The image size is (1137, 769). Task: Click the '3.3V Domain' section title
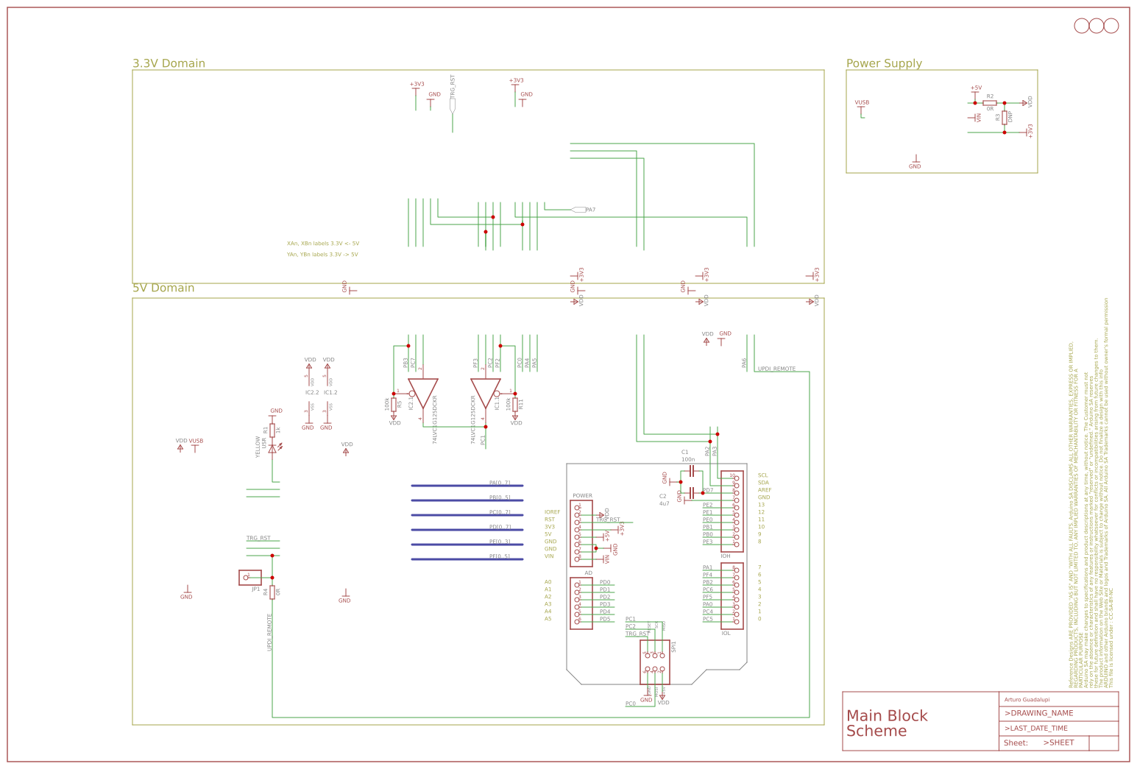[169, 63]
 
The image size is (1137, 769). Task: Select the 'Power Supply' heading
[883, 63]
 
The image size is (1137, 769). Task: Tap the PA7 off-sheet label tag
[579, 210]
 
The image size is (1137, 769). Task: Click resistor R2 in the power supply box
[990, 103]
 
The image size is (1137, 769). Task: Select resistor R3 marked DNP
[1005, 118]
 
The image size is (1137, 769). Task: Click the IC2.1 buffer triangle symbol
[423, 392]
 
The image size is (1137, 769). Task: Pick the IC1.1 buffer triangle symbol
[486, 392]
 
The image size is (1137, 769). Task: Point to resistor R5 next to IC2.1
[394, 403]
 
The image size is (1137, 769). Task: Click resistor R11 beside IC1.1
[515, 403]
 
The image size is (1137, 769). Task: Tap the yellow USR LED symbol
[272, 447]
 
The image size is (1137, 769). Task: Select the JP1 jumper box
[250, 578]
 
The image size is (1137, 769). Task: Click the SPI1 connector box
[655, 662]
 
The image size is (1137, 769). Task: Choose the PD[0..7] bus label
[500, 527]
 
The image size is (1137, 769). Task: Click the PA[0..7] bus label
[500, 483]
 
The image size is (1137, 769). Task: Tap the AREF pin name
[765, 490]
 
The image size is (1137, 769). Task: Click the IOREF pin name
[552, 512]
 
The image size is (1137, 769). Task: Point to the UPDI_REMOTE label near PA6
[776, 369]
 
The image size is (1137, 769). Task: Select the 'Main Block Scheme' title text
[887, 723]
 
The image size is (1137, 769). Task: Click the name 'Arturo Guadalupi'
[1027, 699]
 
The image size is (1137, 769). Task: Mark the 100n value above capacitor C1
[688, 459]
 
